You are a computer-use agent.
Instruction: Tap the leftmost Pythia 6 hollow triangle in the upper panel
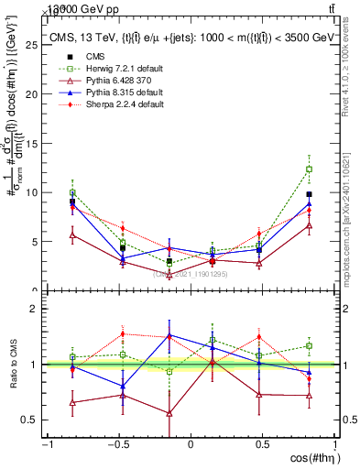pyautogui.click(x=72, y=235)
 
